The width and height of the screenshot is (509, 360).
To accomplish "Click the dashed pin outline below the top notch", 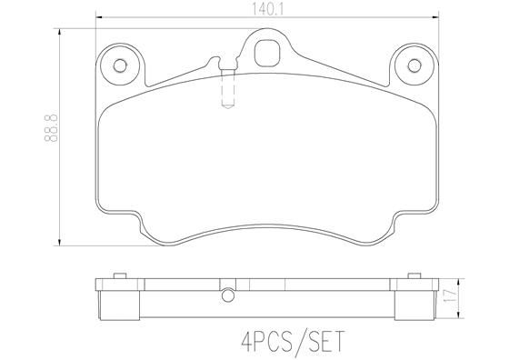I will click(x=227, y=91).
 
